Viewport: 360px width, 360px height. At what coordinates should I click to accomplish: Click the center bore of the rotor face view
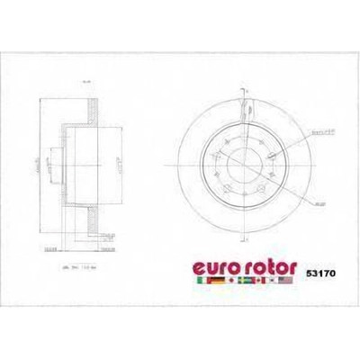(x=243, y=165)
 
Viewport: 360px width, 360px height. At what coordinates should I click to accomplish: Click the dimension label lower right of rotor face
(x=293, y=205)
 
